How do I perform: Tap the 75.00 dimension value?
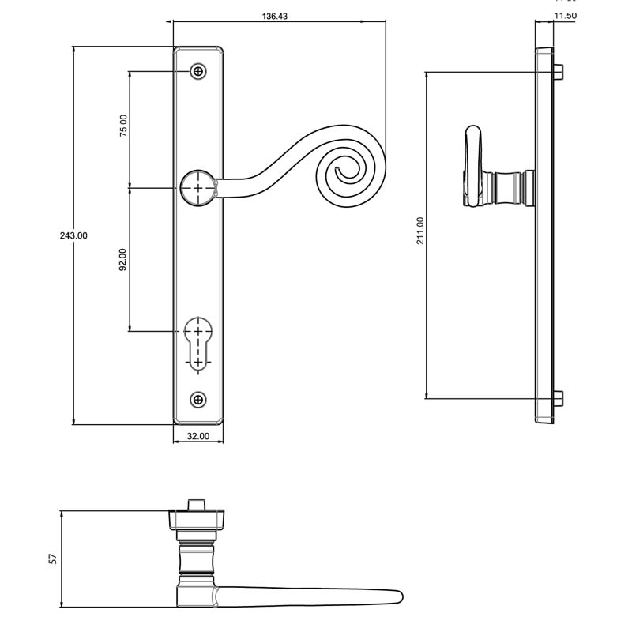[x=122, y=126]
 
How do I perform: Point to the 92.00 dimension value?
[x=122, y=260]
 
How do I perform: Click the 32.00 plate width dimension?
[x=197, y=436]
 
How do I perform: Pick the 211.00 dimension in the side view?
[x=420, y=231]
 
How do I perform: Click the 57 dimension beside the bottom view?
[x=53, y=559]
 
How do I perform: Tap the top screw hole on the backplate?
[x=197, y=72]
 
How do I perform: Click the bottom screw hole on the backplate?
[x=197, y=399]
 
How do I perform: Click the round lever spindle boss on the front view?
[x=197, y=188]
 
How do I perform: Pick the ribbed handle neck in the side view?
[x=508, y=188]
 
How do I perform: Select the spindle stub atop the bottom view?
[x=197, y=504]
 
